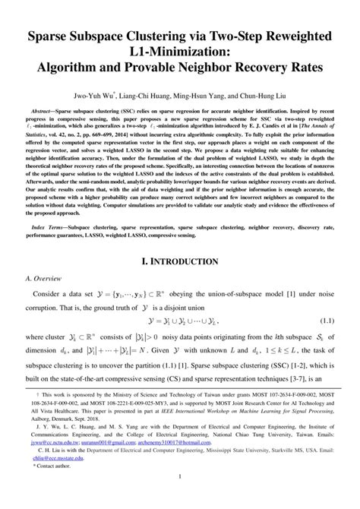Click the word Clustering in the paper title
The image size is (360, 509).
click(161, 36)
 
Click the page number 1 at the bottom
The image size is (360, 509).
click(180, 498)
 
